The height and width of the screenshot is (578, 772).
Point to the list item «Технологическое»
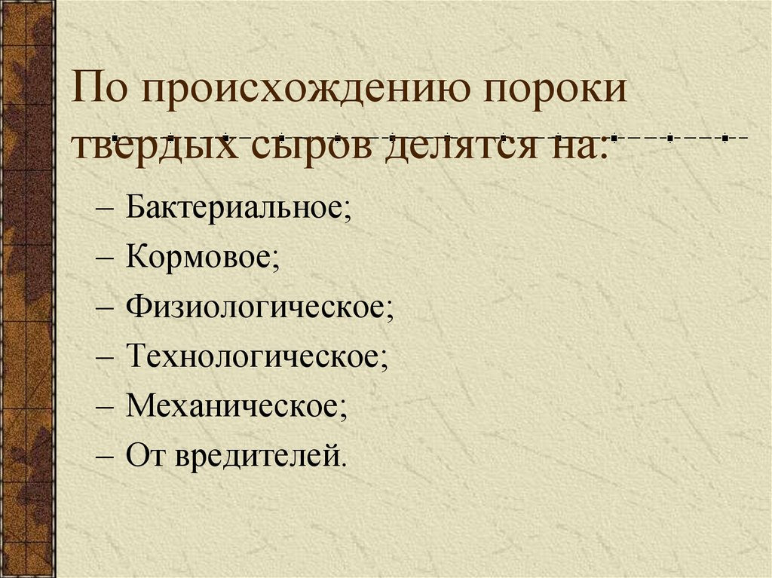(x=257, y=357)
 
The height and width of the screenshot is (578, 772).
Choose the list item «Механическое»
(x=237, y=407)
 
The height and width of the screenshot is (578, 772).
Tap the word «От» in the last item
(x=144, y=456)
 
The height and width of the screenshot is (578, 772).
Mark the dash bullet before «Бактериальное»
(x=105, y=209)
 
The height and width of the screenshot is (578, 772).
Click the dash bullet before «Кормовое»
(x=105, y=258)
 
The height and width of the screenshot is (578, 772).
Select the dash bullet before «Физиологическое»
(x=105, y=308)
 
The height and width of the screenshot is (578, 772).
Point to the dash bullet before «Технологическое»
(x=105, y=358)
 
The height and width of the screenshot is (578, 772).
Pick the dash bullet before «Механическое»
(x=105, y=408)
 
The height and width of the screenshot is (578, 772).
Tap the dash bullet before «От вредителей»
(x=105, y=457)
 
